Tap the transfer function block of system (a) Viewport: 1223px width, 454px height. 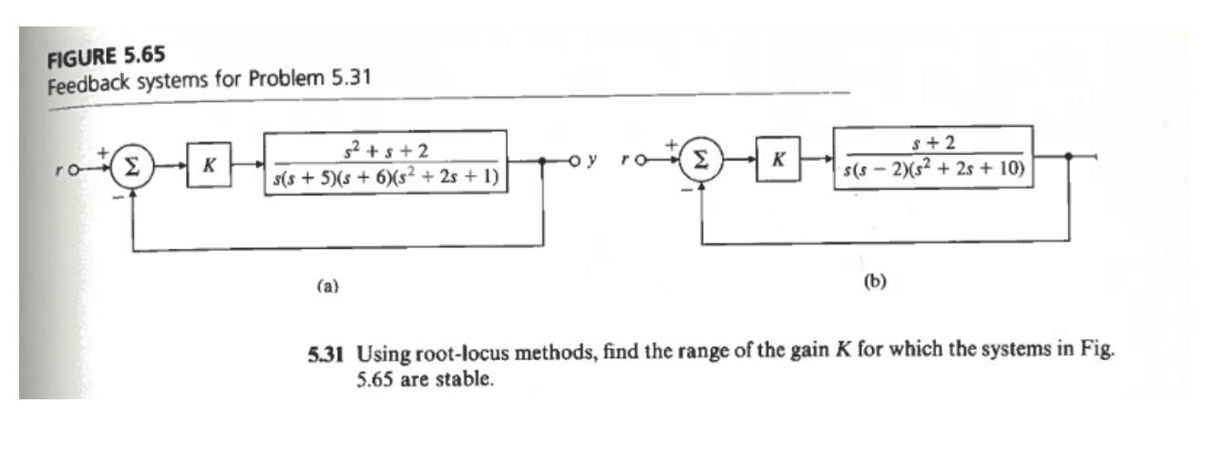385,163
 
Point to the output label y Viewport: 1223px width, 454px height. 593,161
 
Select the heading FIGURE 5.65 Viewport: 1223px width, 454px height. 99,54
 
